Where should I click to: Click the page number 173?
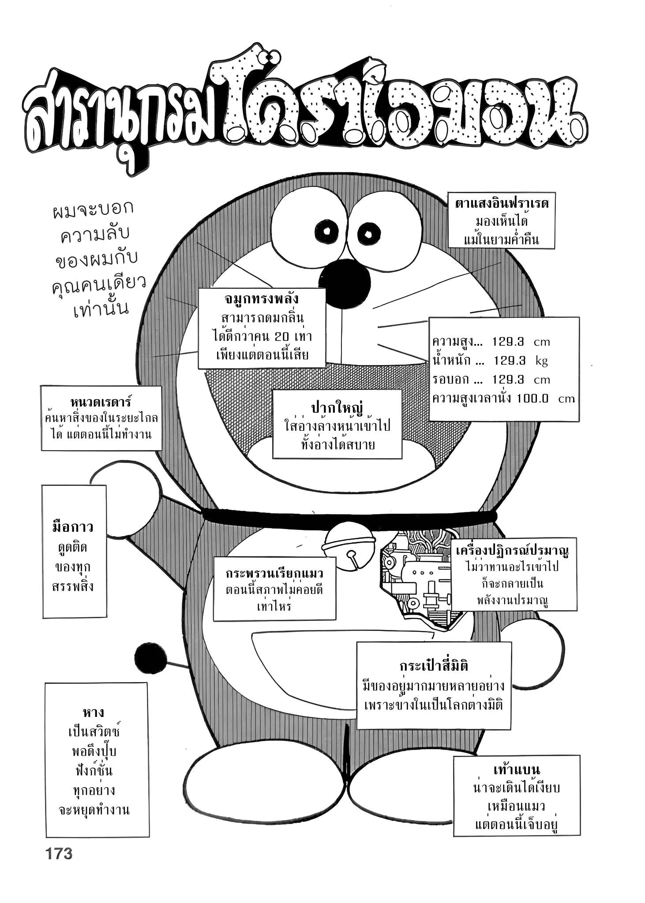59,854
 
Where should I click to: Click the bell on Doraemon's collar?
349,546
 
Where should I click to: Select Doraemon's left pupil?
327,231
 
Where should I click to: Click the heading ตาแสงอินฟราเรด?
502,204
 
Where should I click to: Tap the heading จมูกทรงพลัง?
262,299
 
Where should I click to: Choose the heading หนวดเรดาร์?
101,402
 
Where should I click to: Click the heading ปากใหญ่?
337,407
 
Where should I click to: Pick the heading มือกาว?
73,527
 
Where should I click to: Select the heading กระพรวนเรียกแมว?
274,573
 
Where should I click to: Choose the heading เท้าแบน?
516,770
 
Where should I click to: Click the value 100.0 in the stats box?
532,398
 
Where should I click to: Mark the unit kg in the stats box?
541,361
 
